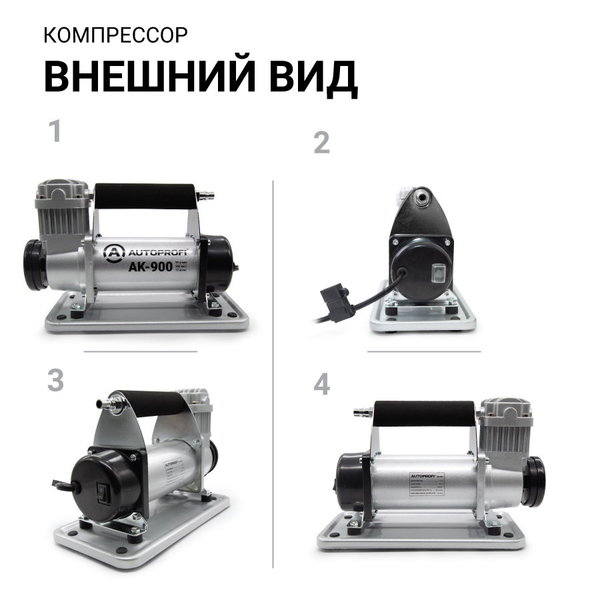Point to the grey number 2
pyautogui.click(x=321, y=143)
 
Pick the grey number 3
pyautogui.click(x=55, y=380)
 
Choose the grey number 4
pyautogui.click(x=322, y=385)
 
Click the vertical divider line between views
pyautogui.click(x=274, y=373)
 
